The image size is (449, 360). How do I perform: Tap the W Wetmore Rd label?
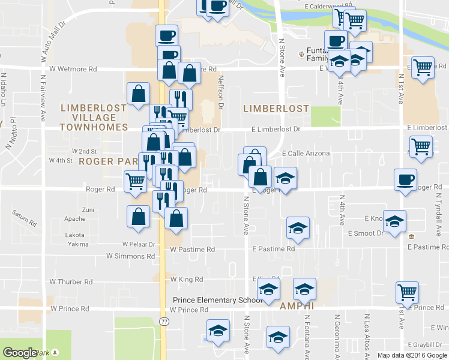click(x=73, y=70)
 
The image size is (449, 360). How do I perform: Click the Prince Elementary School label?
click(x=217, y=300)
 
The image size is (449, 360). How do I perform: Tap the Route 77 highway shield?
click(x=164, y=322)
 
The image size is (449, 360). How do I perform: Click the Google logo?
click(x=20, y=353)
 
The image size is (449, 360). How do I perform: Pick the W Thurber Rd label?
click(x=71, y=281)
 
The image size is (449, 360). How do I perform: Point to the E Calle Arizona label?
click(x=306, y=154)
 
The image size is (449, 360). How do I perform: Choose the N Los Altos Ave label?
click(x=366, y=333)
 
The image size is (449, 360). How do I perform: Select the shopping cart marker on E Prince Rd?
click(x=408, y=292)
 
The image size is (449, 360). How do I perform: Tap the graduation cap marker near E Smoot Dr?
click(x=394, y=221)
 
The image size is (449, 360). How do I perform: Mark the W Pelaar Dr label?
click(x=139, y=244)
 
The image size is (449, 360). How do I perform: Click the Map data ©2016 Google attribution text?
click(x=412, y=355)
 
